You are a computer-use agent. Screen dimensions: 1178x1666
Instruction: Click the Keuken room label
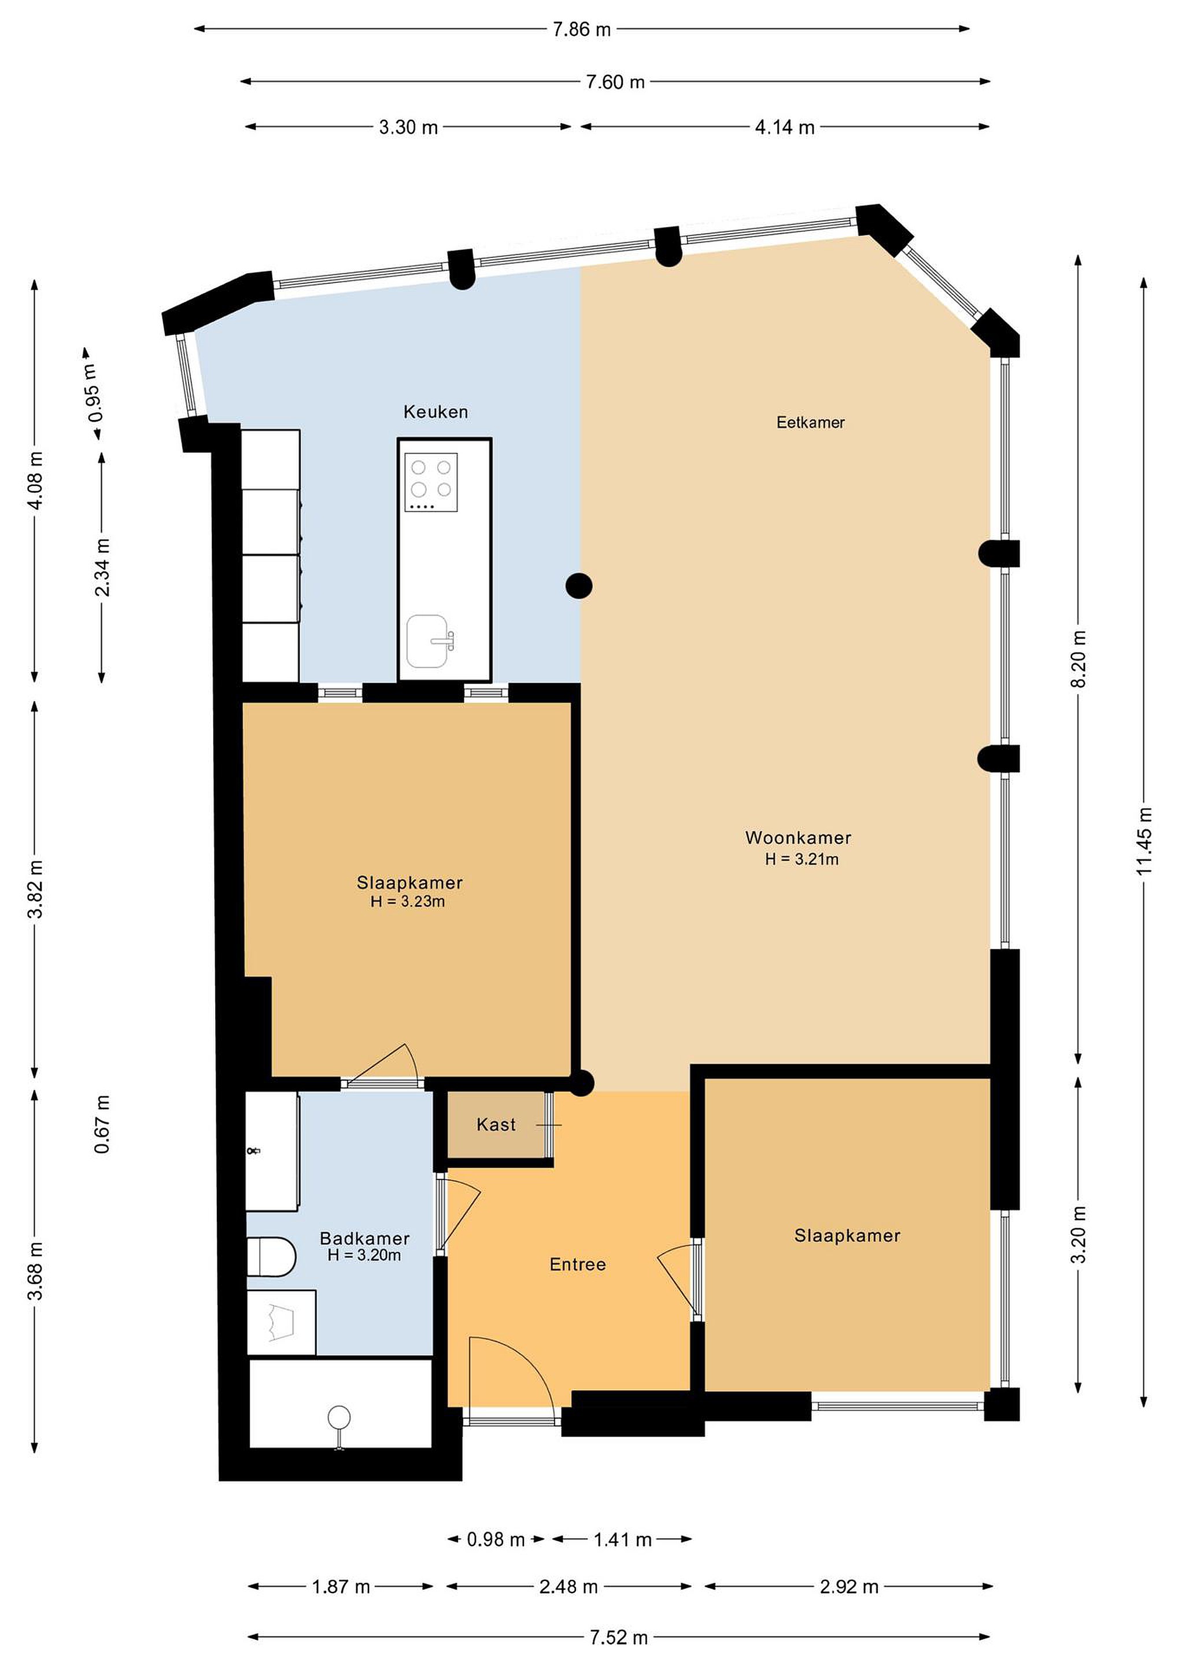click(x=435, y=412)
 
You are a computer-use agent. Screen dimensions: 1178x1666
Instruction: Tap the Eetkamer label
click(x=810, y=422)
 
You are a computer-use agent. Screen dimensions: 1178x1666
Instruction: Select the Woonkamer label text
click(x=798, y=838)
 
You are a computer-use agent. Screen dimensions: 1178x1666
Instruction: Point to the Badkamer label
click(x=365, y=1238)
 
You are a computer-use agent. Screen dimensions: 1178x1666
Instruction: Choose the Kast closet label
click(x=496, y=1124)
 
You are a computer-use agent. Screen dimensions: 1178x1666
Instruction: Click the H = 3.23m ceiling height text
click(x=408, y=901)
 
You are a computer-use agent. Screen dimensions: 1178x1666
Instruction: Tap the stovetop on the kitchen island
click(x=431, y=482)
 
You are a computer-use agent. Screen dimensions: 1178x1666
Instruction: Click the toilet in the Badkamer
click(x=271, y=1257)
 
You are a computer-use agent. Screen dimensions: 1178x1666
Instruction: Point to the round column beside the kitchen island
click(x=579, y=585)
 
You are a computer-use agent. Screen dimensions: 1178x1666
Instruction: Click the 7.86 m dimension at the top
click(x=582, y=30)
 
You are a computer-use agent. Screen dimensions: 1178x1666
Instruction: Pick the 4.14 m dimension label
click(x=785, y=128)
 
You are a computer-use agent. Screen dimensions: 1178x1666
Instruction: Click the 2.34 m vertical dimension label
click(x=102, y=567)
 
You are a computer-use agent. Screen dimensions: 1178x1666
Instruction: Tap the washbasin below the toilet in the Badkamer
click(x=282, y=1322)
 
